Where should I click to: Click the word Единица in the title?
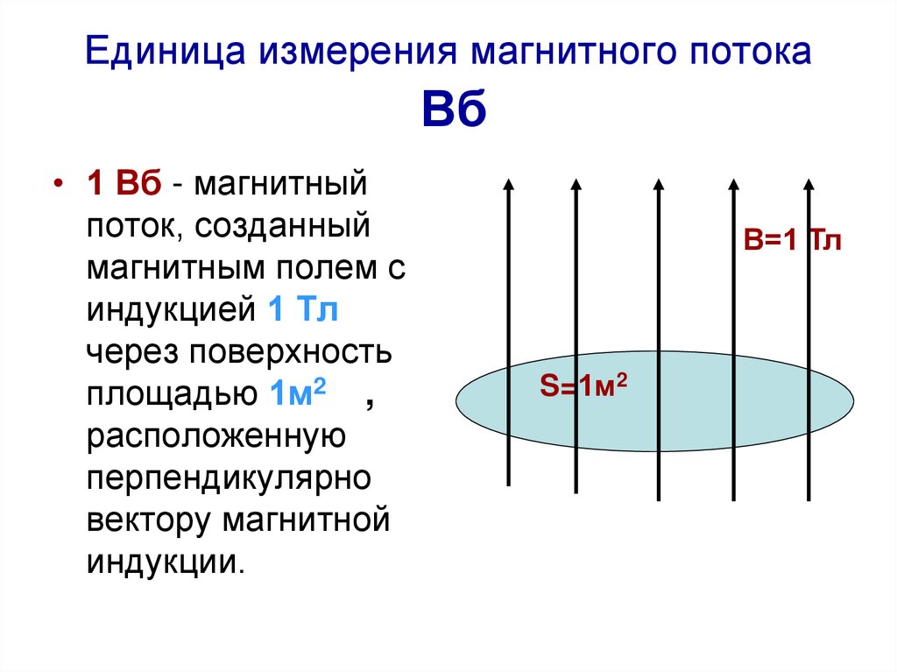(x=166, y=51)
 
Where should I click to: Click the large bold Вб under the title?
(x=455, y=108)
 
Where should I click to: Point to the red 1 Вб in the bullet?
(x=124, y=184)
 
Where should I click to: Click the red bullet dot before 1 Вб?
(x=58, y=184)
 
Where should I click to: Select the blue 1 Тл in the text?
(x=303, y=309)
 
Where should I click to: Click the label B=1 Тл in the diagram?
(x=792, y=239)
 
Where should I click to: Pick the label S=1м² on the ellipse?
(x=583, y=386)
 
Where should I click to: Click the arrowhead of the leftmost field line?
(x=508, y=183)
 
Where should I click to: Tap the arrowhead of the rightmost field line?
(x=809, y=184)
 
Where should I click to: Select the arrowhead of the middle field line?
(x=659, y=184)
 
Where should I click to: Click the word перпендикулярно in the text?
(x=229, y=479)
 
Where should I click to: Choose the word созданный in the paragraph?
(x=282, y=226)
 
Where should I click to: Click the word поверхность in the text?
(x=291, y=352)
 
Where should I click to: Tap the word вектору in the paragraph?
(x=148, y=521)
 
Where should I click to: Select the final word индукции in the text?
(x=166, y=562)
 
